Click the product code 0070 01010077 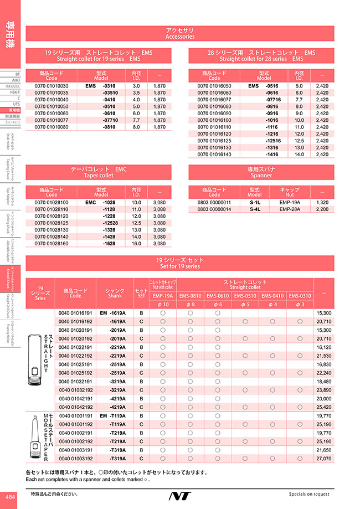click(52, 120)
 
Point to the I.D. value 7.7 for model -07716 click(299, 100)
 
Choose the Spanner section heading click(261, 172)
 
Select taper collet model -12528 click(110, 223)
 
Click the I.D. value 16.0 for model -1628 click(137, 243)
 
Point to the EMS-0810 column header click(191, 296)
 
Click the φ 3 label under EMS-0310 click(300, 305)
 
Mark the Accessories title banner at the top click(180, 33)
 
